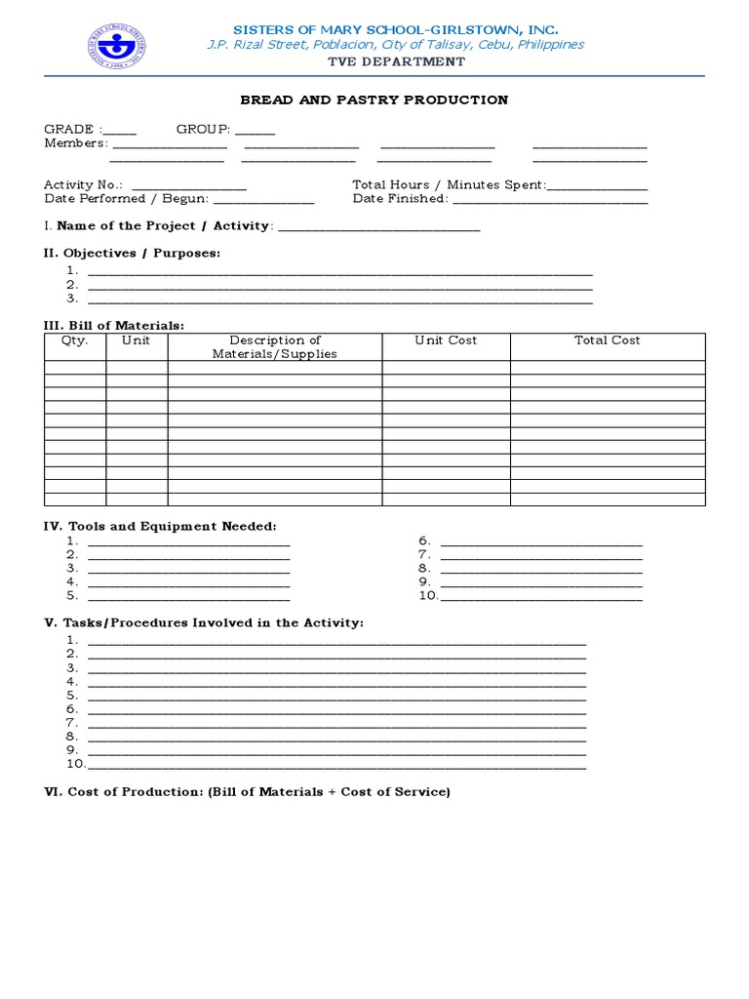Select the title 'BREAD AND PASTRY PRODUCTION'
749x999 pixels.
pos(374,100)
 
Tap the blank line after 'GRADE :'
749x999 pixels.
pos(119,131)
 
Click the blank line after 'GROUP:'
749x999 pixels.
pos(255,131)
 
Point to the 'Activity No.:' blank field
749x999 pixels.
pos(188,186)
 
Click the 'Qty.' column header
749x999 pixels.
pos(75,340)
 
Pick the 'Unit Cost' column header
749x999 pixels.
pos(446,340)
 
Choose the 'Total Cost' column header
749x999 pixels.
pos(607,340)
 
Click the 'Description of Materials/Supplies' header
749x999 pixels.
pos(275,347)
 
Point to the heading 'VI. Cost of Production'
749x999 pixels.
pos(248,792)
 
